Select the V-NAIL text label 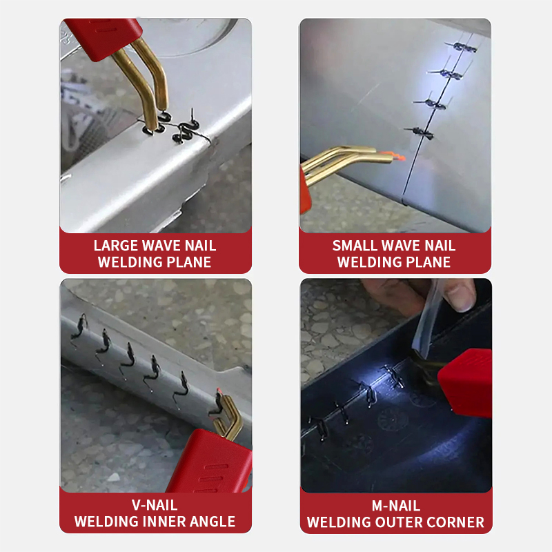[155, 506]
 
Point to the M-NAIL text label [395, 506]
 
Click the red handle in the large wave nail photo [103, 34]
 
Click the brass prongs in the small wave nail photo [345, 161]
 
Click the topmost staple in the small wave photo [463, 47]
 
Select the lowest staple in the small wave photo [420, 130]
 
